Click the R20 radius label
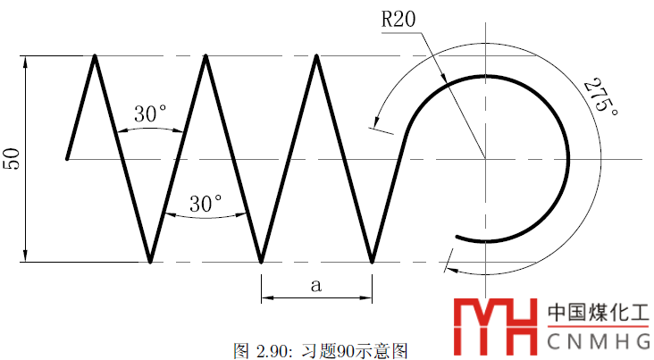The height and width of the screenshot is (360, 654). pyautogui.click(x=398, y=19)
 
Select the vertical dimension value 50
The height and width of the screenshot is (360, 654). pyautogui.click(x=12, y=158)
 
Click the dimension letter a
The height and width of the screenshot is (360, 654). pyautogui.click(x=316, y=285)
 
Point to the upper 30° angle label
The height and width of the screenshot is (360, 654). pyautogui.click(x=150, y=113)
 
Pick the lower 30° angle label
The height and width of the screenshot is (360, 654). pyautogui.click(x=205, y=204)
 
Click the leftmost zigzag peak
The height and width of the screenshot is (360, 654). pyautogui.click(x=95, y=55)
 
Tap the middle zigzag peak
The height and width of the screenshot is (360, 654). pyautogui.click(x=205, y=55)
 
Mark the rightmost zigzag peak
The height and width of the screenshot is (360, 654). pyautogui.click(x=316, y=55)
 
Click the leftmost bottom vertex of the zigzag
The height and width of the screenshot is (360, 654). pyautogui.click(x=150, y=263)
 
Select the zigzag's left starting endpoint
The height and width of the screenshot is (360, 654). pyautogui.click(x=67, y=158)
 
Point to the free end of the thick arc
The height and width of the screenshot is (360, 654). pyautogui.click(x=457, y=237)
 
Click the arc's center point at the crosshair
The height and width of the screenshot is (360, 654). pyautogui.click(x=485, y=159)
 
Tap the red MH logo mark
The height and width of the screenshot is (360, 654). pyautogui.click(x=496, y=326)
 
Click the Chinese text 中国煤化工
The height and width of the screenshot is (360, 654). pyautogui.click(x=598, y=313)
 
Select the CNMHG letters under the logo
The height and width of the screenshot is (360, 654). pyautogui.click(x=598, y=341)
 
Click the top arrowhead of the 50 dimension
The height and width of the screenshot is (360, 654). pyautogui.click(x=25, y=62)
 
